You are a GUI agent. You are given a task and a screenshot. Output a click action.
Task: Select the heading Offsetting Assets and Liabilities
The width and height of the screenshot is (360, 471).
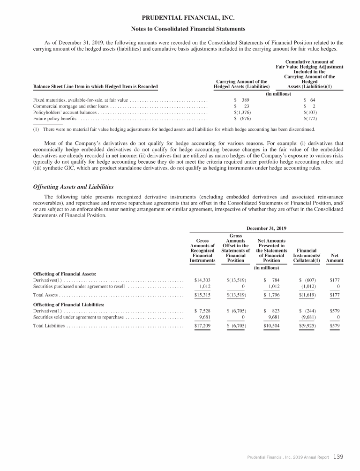pyautogui.click(x=74, y=187)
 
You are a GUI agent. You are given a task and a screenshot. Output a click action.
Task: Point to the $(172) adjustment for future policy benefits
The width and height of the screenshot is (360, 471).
pyautogui.click(x=310, y=119)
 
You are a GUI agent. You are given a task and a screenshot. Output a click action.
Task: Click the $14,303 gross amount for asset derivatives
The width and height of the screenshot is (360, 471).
pyautogui.click(x=202, y=280)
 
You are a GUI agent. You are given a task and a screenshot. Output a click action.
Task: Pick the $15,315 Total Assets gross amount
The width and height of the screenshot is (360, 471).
pyautogui.click(x=202, y=295)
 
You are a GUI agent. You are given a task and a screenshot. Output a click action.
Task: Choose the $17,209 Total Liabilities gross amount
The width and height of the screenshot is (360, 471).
pyautogui.click(x=202, y=325)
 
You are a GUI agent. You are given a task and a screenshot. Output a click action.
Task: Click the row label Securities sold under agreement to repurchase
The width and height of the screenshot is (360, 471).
pyautogui.click(x=78, y=317)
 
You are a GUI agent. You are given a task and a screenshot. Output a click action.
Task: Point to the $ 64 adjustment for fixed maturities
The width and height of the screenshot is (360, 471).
pyautogui.click(x=310, y=100)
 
